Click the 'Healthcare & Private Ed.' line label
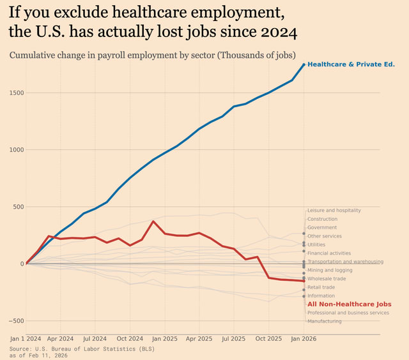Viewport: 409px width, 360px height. point(351,64)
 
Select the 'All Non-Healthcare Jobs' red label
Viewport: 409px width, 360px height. point(349,304)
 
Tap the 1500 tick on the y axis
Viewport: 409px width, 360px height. point(16,93)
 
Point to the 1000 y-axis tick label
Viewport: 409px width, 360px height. point(16,150)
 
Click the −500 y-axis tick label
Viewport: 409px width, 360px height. point(15,321)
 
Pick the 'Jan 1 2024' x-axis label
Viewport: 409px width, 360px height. point(26,338)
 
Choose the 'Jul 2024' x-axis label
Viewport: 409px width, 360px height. point(95,338)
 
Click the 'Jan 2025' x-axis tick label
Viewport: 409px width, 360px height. point(165,338)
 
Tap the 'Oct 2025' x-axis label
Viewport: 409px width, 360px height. point(269,338)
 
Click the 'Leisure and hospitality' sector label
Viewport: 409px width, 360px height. point(334,211)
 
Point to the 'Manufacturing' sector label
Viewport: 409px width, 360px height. point(324,321)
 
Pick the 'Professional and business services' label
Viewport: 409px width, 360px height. point(348,313)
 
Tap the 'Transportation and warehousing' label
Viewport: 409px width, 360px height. point(345,262)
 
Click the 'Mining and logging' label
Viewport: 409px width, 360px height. point(329,270)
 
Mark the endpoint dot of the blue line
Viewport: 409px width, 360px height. point(304,64)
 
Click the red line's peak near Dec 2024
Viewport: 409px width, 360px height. point(153,221)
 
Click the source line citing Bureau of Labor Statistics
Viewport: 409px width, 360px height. point(82,349)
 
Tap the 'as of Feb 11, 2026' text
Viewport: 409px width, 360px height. point(38,356)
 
